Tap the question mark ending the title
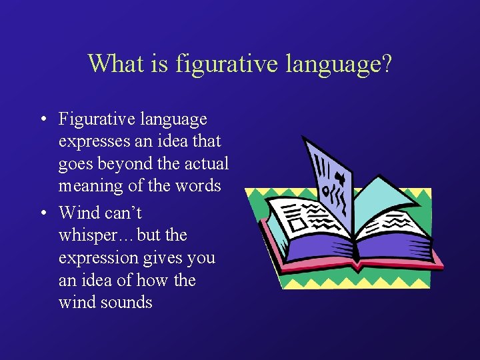386,64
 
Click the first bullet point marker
42,120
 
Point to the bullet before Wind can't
42,213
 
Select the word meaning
91,186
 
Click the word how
153,280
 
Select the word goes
75,164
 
